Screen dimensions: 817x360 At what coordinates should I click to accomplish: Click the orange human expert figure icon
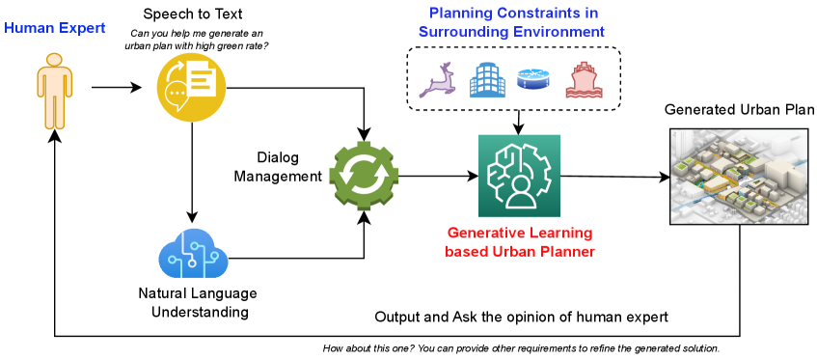click(55, 90)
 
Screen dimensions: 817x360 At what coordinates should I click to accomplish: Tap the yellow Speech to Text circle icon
click(191, 87)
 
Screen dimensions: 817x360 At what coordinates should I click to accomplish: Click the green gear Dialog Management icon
click(368, 175)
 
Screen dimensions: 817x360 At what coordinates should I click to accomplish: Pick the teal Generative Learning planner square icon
click(519, 176)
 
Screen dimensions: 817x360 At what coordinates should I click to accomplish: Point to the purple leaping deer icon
click(437, 80)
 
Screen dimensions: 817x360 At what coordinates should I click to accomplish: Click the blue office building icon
click(488, 81)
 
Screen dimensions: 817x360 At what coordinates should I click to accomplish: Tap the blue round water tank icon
click(533, 79)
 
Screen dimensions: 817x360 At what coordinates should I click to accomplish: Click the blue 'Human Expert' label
click(55, 28)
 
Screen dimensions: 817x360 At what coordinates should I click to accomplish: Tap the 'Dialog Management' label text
click(278, 167)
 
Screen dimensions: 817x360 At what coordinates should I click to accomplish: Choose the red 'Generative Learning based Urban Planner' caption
click(519, 242)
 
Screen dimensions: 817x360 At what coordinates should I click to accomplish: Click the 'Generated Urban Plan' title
click(740, 110)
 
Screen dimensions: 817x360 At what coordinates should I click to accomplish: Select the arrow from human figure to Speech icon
click(117, 88)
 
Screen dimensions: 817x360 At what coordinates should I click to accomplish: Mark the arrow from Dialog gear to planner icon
click(439, 176)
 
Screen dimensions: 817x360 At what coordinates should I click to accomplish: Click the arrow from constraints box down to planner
click(518, 123)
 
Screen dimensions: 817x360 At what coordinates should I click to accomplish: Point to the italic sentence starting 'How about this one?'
click(521, 348)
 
